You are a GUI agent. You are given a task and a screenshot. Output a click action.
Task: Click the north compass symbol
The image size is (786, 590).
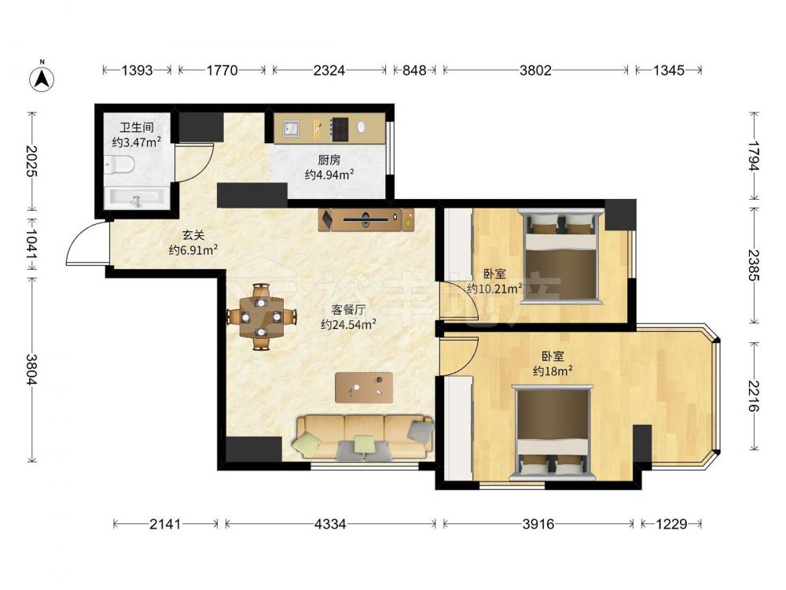(x=42, y=78)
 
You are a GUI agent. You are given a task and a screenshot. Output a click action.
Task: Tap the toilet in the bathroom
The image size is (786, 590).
(x=119, y=164)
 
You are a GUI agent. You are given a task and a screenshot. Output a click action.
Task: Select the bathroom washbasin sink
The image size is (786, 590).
(x=135, y=198)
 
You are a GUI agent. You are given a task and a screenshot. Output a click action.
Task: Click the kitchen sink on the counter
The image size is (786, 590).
(x=290, y=128)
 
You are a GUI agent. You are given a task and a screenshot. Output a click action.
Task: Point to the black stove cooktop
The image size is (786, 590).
(x=340, y=128)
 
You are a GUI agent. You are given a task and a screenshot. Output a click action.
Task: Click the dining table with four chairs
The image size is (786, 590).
(x=261, y=317)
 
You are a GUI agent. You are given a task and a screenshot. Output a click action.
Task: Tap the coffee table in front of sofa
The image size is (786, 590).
(x=364, y=387)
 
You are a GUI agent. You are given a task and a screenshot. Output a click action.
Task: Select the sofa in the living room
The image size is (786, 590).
(x=365, y=437)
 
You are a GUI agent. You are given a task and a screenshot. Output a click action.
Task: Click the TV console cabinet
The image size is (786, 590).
(x=366, y=219)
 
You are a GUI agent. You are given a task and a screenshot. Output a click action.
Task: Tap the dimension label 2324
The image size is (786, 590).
(x=329, y=70)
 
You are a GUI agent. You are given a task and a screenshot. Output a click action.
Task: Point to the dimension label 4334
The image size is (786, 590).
(x=330, y=524)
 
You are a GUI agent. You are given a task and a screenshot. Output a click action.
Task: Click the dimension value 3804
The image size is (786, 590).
(x=32, y=370)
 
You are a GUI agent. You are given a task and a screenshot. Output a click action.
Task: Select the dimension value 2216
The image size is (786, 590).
(x=754, y=396)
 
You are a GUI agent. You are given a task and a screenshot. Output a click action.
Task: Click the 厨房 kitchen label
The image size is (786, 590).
(x=329, y=160)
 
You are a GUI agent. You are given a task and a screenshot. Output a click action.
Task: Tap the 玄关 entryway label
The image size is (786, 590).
(x=193, y=234)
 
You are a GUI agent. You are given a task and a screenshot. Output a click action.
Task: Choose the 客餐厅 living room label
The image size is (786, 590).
(x=348, y=309)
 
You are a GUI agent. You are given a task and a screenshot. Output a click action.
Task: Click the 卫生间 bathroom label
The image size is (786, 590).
(x=136, y=127)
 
